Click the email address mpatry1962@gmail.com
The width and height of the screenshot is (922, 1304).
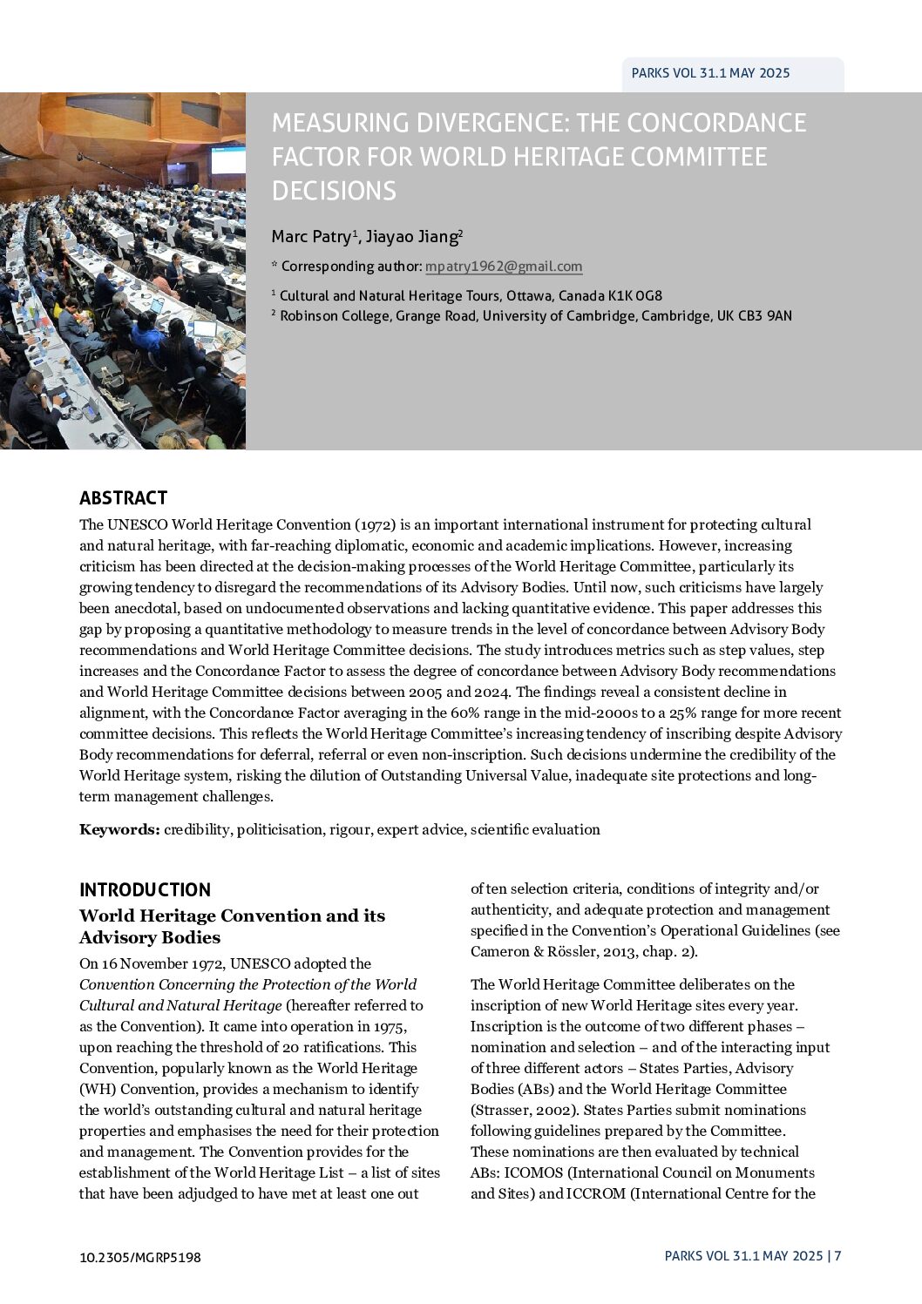coord(504,267)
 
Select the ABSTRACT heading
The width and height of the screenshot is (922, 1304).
coord(123,498)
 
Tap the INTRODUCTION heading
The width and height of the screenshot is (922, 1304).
coord(145,889)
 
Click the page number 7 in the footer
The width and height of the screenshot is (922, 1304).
coord(837,1256)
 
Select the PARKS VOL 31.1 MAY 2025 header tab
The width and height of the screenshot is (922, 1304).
coord(710,73)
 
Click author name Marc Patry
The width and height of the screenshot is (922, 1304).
coord(311,236)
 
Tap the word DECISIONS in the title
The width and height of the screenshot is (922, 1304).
coord(334,191)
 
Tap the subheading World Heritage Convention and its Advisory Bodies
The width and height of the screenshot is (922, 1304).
coord(232,926)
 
